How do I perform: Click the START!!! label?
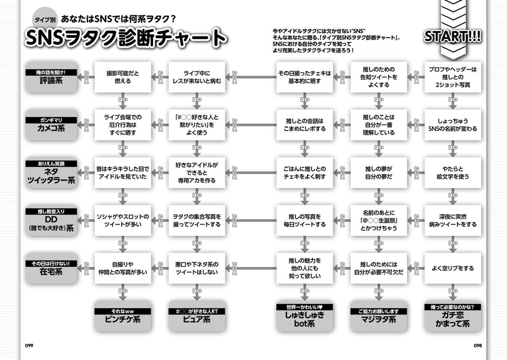(x=452, y=36)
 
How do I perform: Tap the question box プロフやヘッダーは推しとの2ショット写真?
(x=452, y=77)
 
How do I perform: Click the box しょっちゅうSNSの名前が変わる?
(x=452, y=125)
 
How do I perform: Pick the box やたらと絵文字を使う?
(x=452, y=173)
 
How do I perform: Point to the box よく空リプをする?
(x=452, y=268)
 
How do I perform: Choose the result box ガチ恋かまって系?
(x=452, y=317)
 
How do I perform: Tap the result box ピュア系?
(x=196, y=316)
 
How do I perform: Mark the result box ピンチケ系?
(x=122, y=316)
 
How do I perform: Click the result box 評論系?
(x=51, y=77)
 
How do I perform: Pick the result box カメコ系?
(x=51, y=125)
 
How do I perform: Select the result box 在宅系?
(x=51, y=268)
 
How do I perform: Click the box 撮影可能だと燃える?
(x=122, y=77)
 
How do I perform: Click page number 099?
(x=29, y=345)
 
